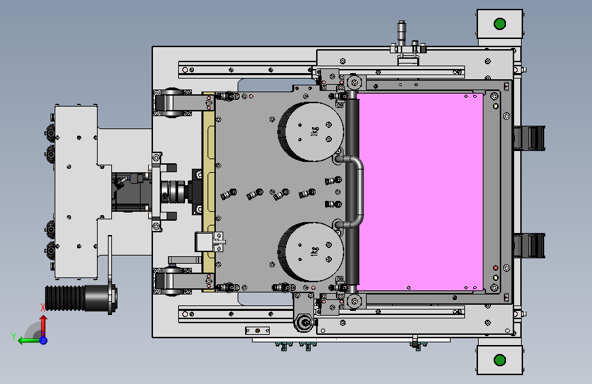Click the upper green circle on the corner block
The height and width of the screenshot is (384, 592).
click(x=500, y=24)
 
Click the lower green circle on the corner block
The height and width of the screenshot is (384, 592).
click(x=500, y=360)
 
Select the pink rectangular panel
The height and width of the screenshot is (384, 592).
click(x=420, y=192)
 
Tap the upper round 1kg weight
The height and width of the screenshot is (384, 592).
click(x=311, y=131)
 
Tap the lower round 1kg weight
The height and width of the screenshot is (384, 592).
click(x=311, y=251)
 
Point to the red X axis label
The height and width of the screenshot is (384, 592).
click(x=42, y=307)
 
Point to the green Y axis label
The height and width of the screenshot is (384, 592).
click(x=14, y=337)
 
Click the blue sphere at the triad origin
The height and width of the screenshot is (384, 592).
click(x=44, y=340)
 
